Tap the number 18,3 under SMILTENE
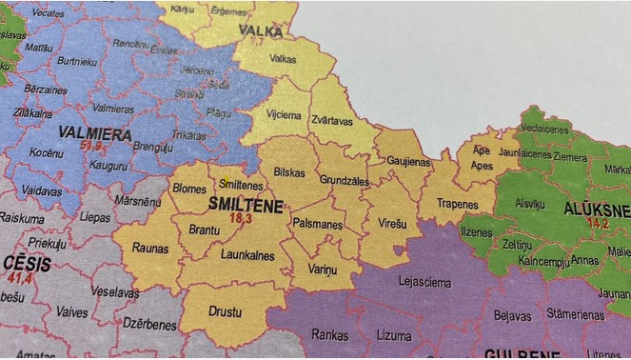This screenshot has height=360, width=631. (x=240, y=218)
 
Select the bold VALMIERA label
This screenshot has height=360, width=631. (x=94, y=134)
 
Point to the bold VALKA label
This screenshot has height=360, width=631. (x=260, y=31)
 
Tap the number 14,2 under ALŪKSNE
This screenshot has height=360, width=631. (x=598, y=223)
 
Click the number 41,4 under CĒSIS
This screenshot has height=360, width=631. (x=19, y=278)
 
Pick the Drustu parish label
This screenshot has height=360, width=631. (x=226, y=310)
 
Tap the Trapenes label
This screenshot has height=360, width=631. (x=459, y=205)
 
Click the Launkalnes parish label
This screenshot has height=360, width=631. (x=247, y=255)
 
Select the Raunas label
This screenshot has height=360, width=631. (x=150, y=248)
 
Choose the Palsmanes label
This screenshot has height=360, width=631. (x=318, y=225)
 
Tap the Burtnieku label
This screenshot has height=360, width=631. (x=76, y=61)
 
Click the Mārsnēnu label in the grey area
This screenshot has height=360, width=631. (x=138, y=202)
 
